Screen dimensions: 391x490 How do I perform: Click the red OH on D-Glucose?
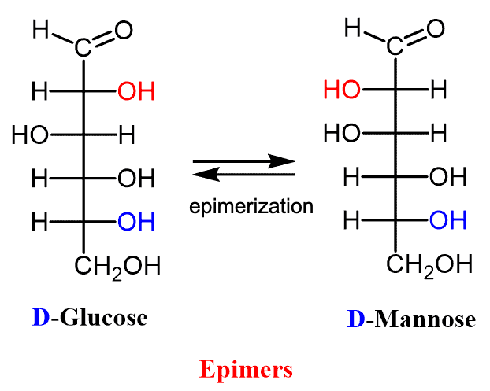pos(135,92)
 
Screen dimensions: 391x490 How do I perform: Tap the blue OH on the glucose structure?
pos(135,223)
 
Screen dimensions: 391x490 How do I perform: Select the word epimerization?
pos(251,207)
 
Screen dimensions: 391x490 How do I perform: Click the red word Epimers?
pos(245,368)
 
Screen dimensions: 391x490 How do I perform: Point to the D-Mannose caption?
pos(410,319)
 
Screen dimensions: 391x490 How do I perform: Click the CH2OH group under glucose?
pos(117,266)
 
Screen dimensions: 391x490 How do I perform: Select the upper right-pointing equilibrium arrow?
pos(243,161)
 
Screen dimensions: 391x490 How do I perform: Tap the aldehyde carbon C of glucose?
pos(84,49)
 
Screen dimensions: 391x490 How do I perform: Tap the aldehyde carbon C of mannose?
pos(395,49)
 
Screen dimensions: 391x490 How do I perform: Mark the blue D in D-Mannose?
pos(355,319)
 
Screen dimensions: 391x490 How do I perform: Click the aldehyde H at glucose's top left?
pos(42,31)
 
